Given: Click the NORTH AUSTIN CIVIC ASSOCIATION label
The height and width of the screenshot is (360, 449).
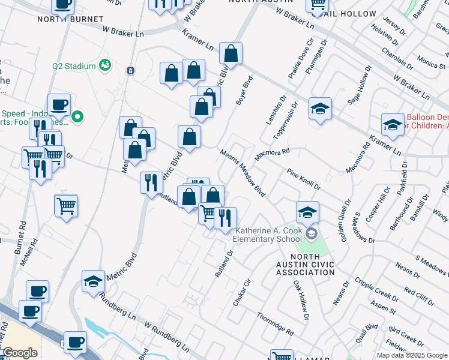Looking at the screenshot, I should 306,264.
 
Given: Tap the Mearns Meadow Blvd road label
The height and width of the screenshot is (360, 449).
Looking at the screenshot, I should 243,173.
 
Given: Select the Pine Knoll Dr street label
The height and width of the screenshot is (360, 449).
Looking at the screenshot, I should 303,179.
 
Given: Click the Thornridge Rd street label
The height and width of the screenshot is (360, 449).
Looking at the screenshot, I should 275,323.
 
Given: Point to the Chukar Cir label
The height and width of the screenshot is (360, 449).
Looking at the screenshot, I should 241,293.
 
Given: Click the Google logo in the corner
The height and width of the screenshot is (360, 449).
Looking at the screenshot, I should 20,353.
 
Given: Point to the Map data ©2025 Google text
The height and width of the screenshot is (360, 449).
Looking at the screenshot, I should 412,355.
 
